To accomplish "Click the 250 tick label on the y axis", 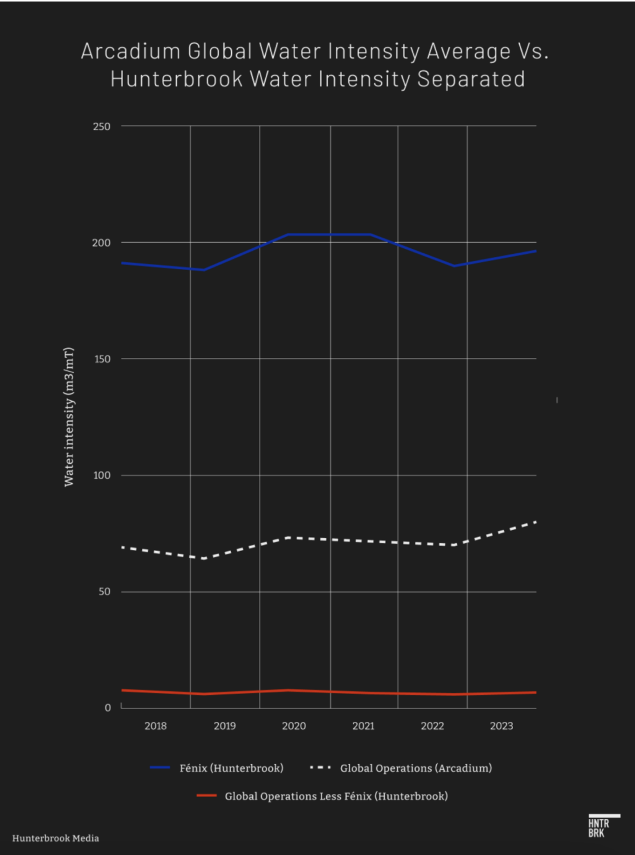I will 101,126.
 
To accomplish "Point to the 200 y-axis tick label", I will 101,243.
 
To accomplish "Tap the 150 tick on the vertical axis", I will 102,359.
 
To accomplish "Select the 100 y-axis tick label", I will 102,475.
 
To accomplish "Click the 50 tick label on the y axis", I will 104,592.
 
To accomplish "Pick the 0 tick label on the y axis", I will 108,708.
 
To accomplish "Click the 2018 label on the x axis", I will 155,726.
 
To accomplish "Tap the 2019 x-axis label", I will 224,726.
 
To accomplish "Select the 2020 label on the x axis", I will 294,726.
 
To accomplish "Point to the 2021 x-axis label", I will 363,726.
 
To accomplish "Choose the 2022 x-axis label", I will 432,726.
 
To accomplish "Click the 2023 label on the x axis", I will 501,726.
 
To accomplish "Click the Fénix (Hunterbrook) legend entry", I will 231,768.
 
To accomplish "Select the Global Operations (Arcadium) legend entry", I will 416,768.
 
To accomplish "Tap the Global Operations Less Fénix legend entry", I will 336,796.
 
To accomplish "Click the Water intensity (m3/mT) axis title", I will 69,417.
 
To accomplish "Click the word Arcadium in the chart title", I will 131,51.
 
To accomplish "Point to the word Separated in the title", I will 471,79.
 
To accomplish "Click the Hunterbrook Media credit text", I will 56,838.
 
